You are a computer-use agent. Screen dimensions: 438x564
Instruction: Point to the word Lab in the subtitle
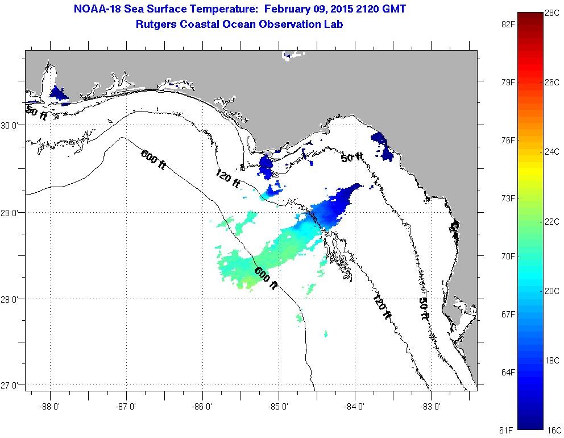(x=334, y=24)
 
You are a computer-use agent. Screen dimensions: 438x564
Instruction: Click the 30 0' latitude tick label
(x=11, y=126)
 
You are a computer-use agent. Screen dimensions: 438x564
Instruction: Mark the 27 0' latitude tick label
(x=11, y=386)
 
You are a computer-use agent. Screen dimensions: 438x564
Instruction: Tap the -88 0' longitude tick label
(x=50, y=406)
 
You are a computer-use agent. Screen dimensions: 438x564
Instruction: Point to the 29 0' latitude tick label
(x=11, y=213)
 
